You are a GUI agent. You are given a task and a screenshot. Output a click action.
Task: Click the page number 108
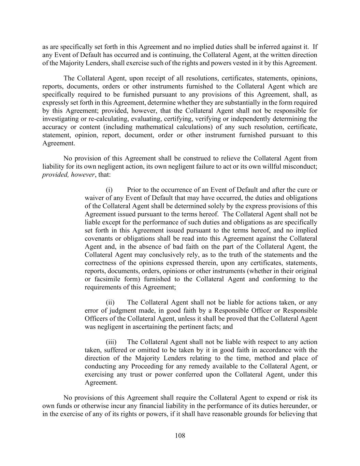click(180, 436)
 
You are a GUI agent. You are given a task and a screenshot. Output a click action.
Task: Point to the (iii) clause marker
click(111, 342)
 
